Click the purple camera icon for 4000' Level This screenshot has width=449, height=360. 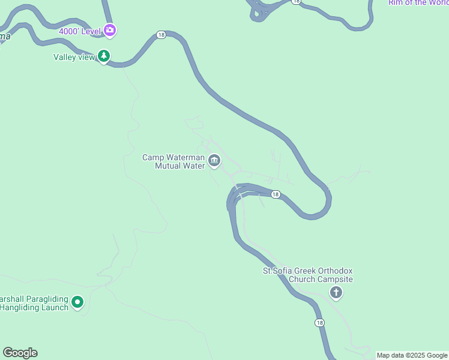coord(109,29)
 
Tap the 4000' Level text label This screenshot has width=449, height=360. coord(79,31)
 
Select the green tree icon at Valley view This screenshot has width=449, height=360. coord(104,56)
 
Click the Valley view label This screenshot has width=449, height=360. coord(74,58)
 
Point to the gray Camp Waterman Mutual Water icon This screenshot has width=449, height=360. coord(214,161)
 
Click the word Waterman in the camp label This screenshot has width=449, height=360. coord(184,157)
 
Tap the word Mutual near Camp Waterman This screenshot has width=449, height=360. coord(169,166)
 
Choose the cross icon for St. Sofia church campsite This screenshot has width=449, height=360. coord(336,292)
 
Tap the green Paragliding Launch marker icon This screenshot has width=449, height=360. coord(77,302)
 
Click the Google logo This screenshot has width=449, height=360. coord(20,353)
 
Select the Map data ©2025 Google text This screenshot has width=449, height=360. coord(412,355)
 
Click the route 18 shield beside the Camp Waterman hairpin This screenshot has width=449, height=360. coord(275,194)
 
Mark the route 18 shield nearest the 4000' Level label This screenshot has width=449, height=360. coord(161,35)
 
